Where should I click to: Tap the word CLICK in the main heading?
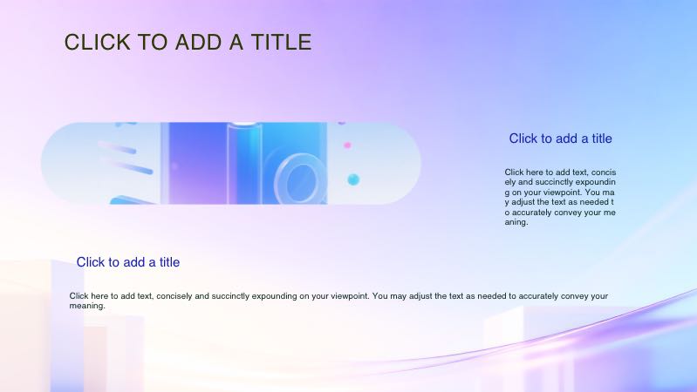(93, 42)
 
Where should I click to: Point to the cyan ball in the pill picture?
(353, 179)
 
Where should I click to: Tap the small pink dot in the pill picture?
(347, 145)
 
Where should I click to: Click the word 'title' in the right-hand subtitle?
(598, 139)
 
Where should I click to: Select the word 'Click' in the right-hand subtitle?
(524, 139)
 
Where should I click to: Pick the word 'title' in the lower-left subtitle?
(165, 262)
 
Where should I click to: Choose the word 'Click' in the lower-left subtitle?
(92, 262)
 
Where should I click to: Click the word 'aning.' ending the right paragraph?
(516, 222)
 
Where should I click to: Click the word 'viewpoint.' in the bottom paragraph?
(347, 296)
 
